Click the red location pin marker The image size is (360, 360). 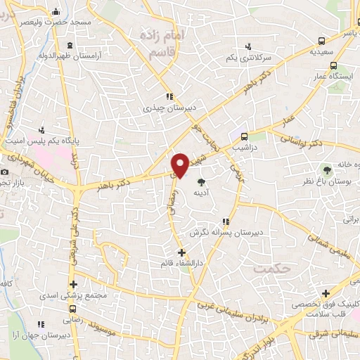tap(181, 165)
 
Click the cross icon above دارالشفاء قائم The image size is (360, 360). tap(181, 252)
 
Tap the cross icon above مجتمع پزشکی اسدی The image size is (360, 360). tap(74, 284)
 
